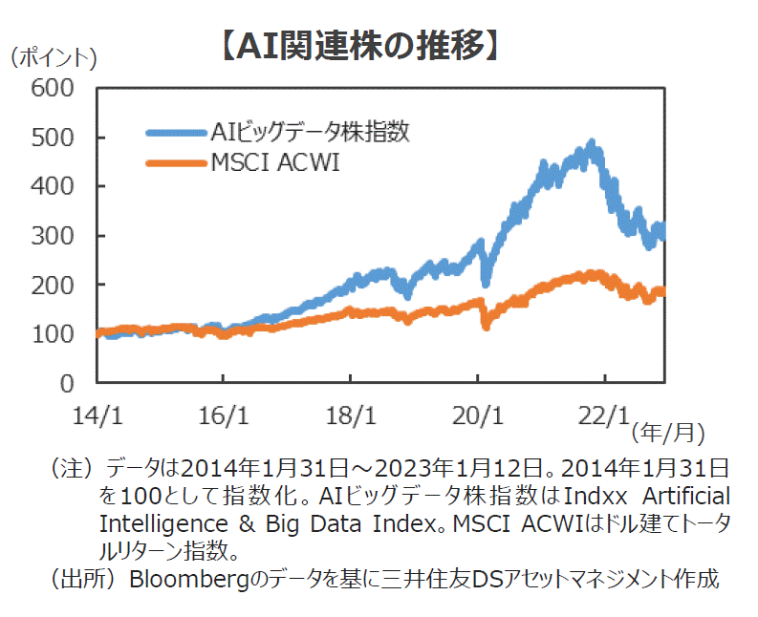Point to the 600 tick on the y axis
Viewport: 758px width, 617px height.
click(52, 88)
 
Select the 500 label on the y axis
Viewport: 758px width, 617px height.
click(52, 138)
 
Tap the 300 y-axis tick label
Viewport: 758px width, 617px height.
click(52, 236)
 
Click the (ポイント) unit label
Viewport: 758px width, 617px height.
click(53, 58)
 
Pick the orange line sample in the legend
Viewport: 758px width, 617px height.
click(176, 164)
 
